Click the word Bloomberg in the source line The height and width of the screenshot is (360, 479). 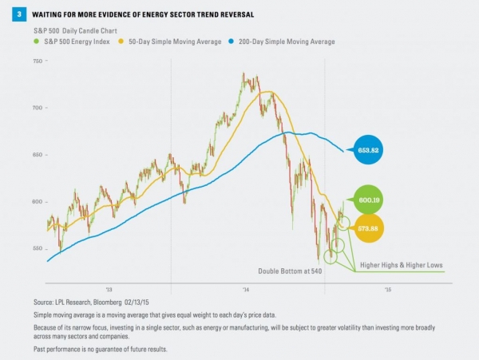pyautogui.click(x=118, y=303)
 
